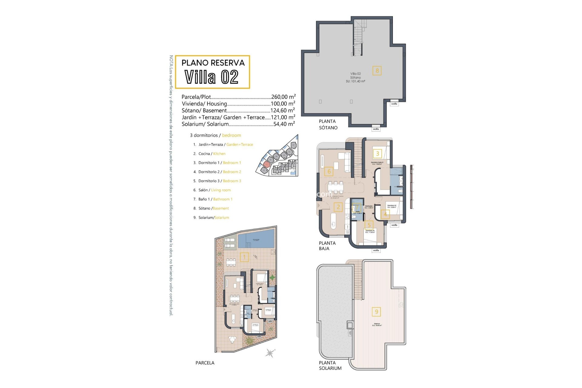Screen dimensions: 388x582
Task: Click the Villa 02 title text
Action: pyautogui.click(x=212, y=77)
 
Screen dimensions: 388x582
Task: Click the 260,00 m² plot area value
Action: pyautogui.click(x=283, y=97)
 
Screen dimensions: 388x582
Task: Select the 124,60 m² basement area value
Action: pyautogui.click(x=283, y=111)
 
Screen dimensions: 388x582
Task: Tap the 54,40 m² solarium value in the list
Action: pyautogui.click(x=284, y=124)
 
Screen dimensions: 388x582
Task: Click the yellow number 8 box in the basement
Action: pyautogui.click(x=377, y=71)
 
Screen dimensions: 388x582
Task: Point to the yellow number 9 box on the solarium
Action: pyautogui.click(x=376, y=312)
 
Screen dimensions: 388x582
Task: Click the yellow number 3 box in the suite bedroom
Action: pyautogui.click(x=377, y=153)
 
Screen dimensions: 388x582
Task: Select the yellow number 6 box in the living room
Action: pyautogui.click(x=329, y=172)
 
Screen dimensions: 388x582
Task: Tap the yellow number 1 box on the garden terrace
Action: pyautogui.click(x=244, y=257)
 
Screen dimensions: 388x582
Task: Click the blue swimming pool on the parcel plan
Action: pyautogui.click(x=256, y=240)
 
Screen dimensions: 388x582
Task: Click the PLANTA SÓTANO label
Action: pyautogui.click(x=328, y=124)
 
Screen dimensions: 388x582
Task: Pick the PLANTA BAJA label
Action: pyautogui.click(x=327, y=246)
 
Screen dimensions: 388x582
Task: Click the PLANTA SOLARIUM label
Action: pyautogui.click(x=330, y=365)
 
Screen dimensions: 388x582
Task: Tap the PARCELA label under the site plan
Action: pyautogui.click(x=205, y=363)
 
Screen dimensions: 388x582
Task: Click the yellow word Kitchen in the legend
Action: pyautogui.click(x=219, y=154)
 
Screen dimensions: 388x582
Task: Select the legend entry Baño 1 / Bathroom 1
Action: pyautogui.click(x=215, y=199)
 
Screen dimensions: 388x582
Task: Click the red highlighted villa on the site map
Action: pyautogui.click(x=266, y=164)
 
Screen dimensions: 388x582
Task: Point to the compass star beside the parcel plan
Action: pyautogui.click(x=269, y=353)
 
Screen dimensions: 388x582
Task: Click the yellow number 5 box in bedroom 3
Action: pyautogui.click(x=369, y=225)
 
